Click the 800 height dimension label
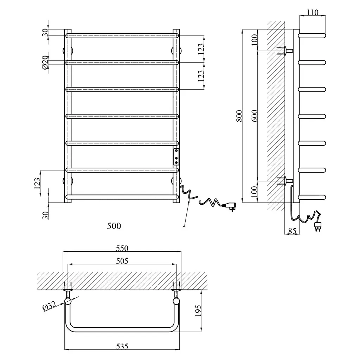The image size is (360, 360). tap(239, 116)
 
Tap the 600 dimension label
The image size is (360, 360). tap(255, 116)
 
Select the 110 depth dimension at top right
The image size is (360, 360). tap(312, 12)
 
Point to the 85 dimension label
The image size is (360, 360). tap(292, 231)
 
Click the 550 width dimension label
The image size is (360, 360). tap(122, 248)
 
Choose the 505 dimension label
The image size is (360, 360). tap(122, 261)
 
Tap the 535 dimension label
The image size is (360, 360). tap(122, 346)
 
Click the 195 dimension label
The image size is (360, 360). tap(198, 311)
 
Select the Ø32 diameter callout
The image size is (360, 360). tap(50, 306)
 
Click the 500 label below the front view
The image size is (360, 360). tap(114, 226)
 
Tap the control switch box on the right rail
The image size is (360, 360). tap(176, 157)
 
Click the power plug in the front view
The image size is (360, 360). tap(230, 206)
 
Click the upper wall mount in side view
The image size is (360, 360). tap(286, 51)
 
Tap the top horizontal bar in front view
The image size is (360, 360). tap(122, 36)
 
